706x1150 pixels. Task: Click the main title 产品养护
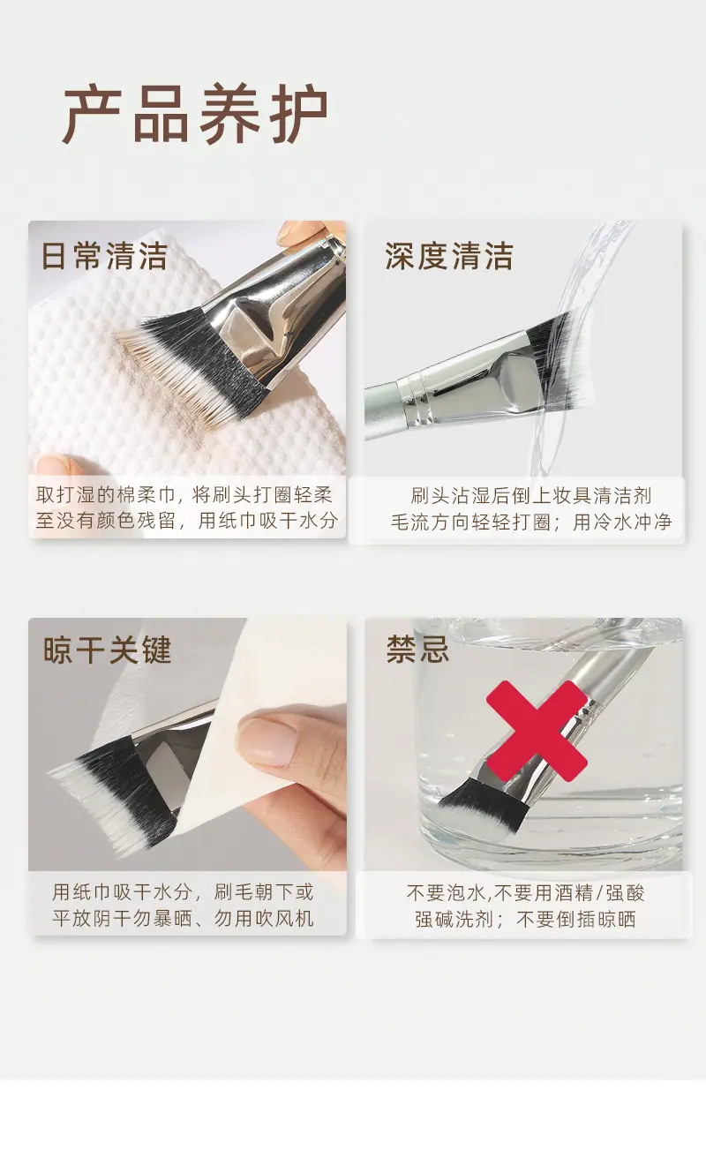(x=195, y=114)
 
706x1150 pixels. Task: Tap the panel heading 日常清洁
(x=104, y=256)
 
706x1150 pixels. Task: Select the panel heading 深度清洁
(x=449, y=256)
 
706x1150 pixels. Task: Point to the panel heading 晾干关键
(x=107, y=650)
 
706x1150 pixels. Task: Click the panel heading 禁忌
(x=418, y=649)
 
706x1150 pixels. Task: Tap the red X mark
(x=537, y=731)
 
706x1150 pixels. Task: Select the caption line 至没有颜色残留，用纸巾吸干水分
(x=187, y=521)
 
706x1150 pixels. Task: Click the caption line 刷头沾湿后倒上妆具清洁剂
(x=531, y=495)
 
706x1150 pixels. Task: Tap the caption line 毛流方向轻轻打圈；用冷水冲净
(x=531, y=522)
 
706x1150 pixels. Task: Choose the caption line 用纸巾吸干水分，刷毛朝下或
(x=183, y=891)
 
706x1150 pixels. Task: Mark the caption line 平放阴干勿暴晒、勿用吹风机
(x=183, y=919)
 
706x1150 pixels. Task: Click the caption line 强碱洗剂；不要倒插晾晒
(x=525, y=919)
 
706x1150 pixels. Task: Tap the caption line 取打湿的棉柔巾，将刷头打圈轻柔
(x=184, y=494)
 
